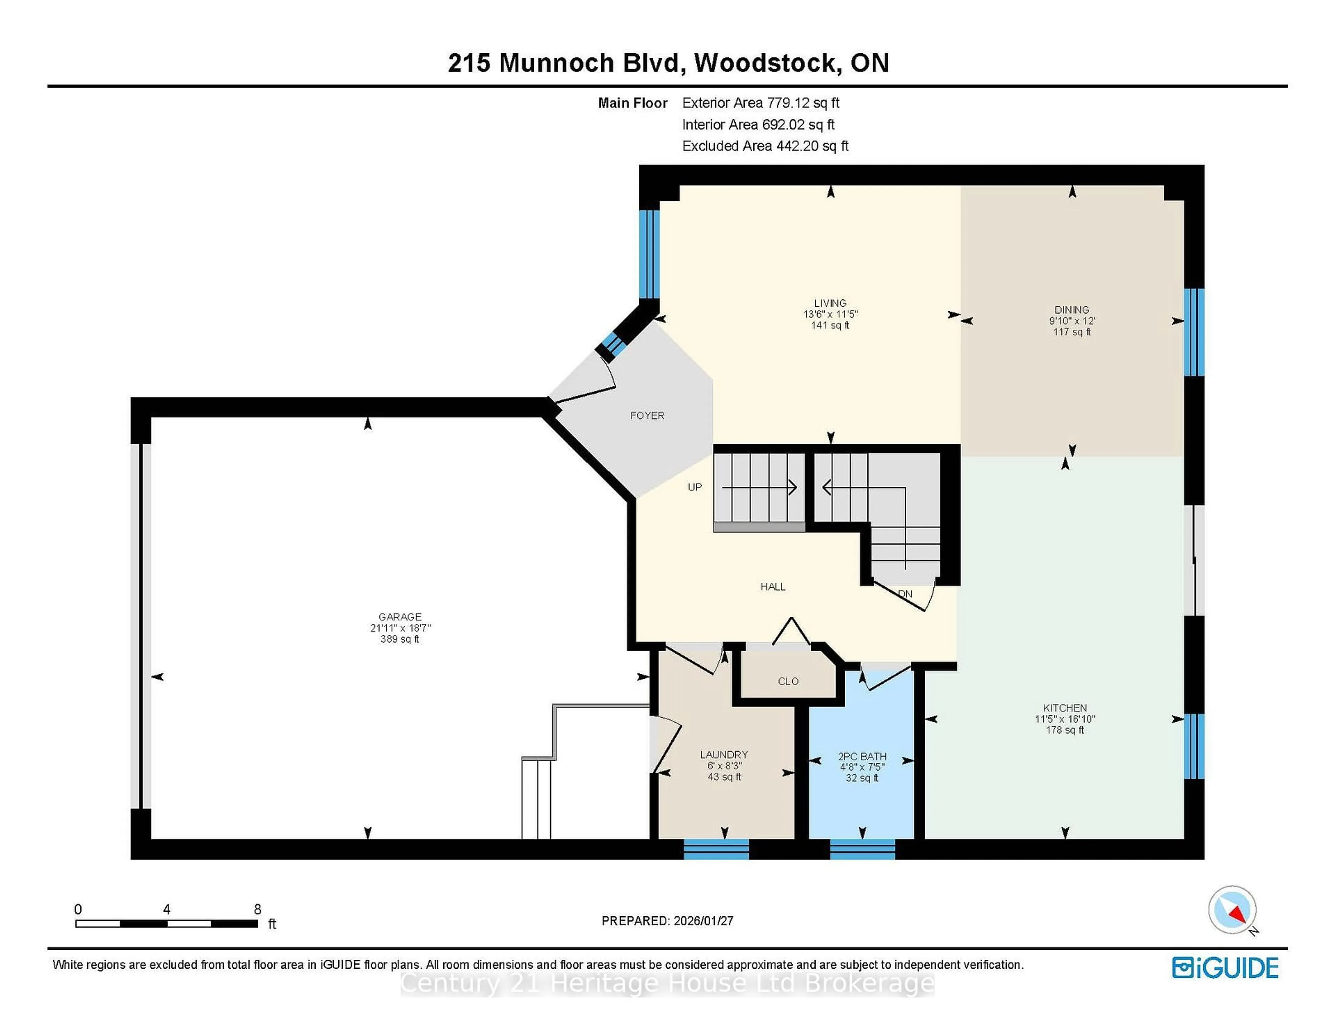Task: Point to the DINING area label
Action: [x=1071, y=310]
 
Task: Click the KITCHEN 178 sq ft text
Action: [x=1065, y=730]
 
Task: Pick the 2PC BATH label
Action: [x=862, y=756]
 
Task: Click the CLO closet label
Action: [x=788, y=682]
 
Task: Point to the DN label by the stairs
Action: [x=905, y=594]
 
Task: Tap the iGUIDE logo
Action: [x=1225, y=968]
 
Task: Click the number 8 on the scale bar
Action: [x=257, y=909]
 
